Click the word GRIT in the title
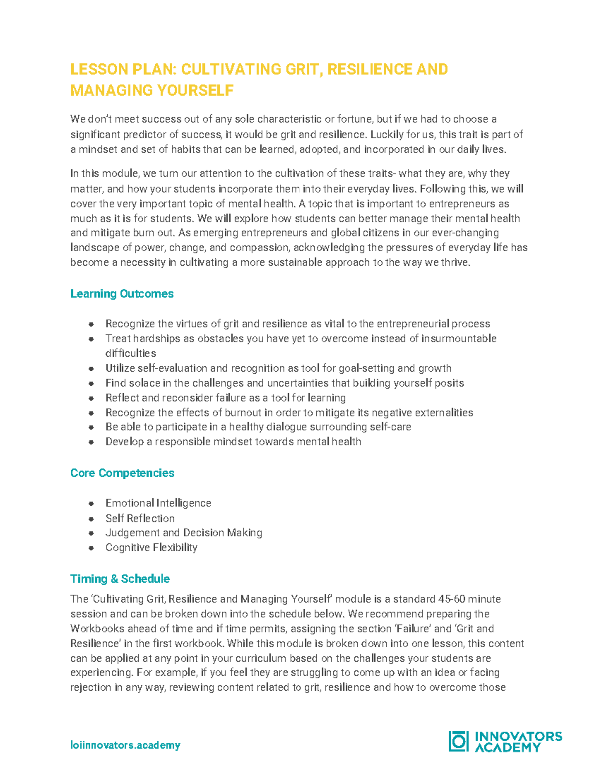[x=301, y=69]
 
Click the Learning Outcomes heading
[x=122, y=294]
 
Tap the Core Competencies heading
[x=122, y=473]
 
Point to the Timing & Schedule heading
[x=120, y=579]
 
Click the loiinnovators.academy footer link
[x=125, y=745]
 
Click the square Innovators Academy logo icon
[x=458, y=741]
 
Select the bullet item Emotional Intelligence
[x=158, y=503]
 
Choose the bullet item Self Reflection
[x=140, y=518]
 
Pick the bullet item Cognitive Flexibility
[x=151, y=547]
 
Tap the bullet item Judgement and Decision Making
[x=184, y=533]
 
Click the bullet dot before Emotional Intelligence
[x=91, y=504]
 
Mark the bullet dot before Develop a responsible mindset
[x=91, y=442]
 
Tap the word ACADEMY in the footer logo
[x=507, y=748]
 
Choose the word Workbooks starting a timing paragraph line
[x=92, y=629]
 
